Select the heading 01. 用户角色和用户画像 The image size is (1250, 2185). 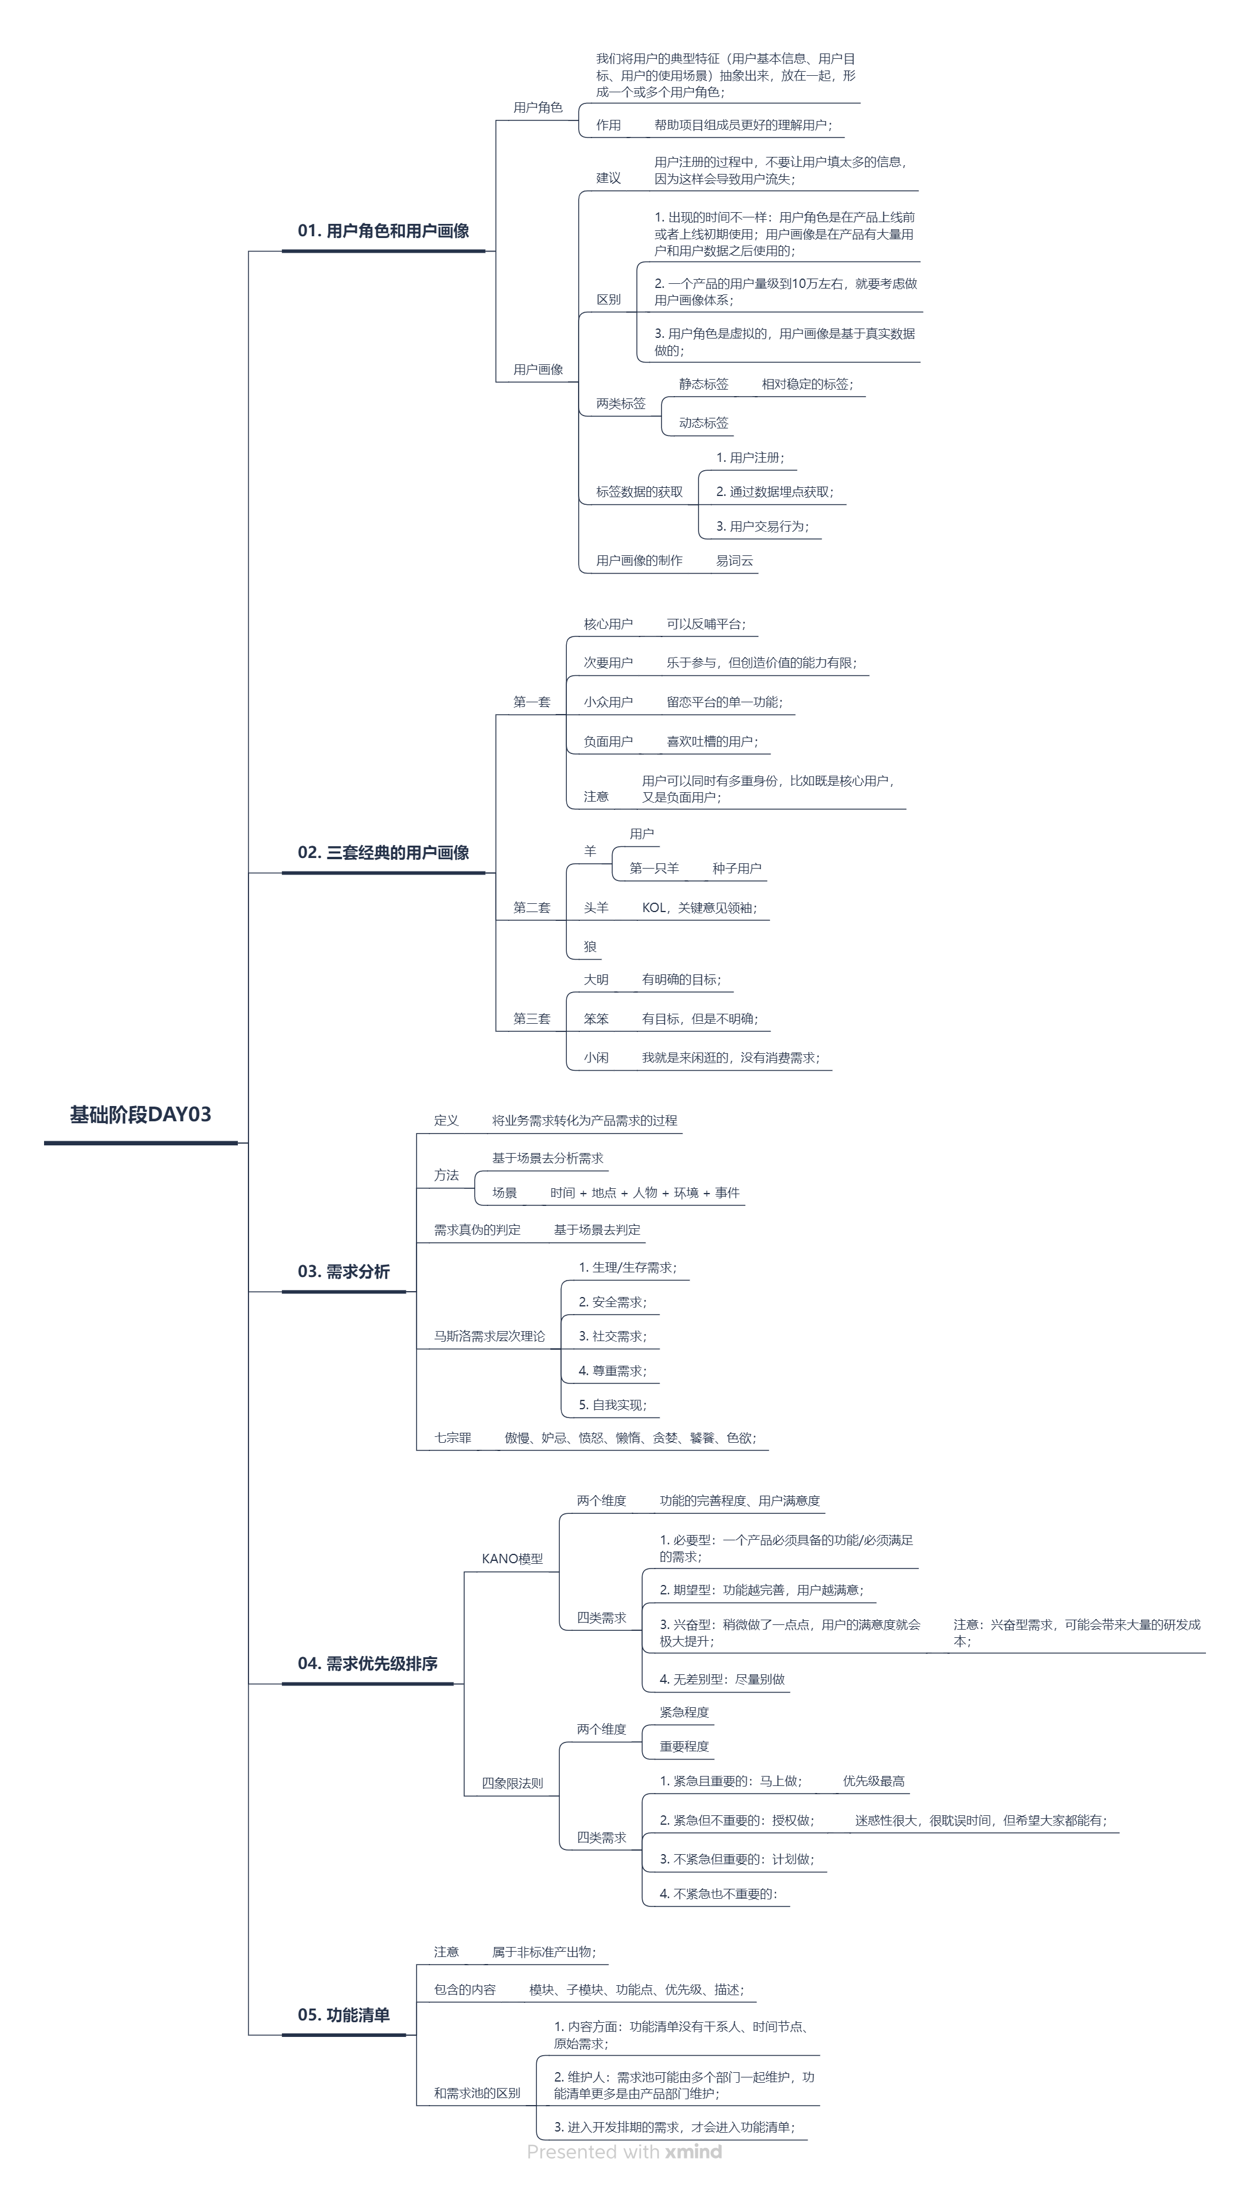coord(383,231)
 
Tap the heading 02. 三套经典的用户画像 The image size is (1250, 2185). coord(383,853)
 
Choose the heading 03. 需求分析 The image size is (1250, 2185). coord(344,1272)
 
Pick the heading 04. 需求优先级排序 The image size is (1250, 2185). coord(368,1664)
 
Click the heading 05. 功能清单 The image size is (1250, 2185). coord(344,2015)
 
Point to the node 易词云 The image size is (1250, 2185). coord(734,561)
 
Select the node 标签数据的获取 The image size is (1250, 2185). coord(640,492)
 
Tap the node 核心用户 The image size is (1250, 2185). coord(608,624)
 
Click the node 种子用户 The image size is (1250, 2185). coord(737,869)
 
